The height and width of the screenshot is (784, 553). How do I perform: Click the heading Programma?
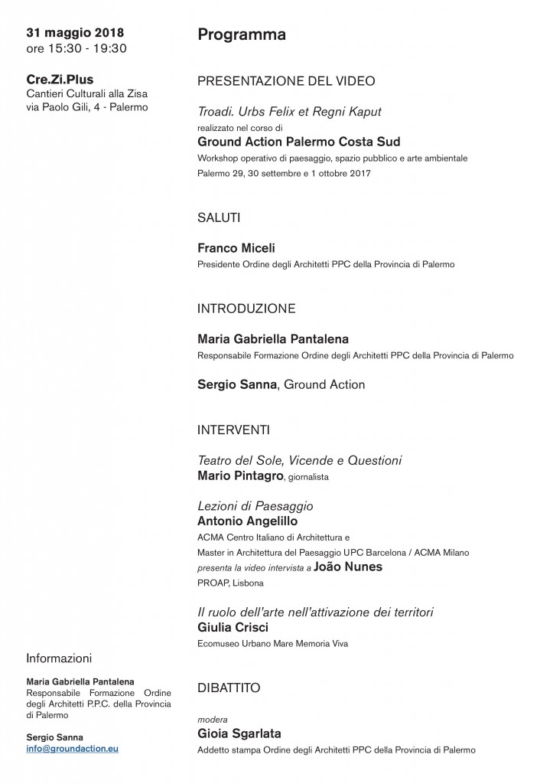(x=242, y=34)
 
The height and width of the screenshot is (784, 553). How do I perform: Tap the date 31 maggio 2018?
(x=75, y=33)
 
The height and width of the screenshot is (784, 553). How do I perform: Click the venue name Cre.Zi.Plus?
(x=60, y=79)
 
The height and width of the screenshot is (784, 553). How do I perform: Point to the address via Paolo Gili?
(x=87, y=107)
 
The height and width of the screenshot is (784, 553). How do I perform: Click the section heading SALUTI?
(x=219, y=217)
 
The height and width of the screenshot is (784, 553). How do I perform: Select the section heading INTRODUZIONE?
(x=246, y=309)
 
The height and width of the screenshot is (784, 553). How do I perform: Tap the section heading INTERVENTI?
(x=233, y=430)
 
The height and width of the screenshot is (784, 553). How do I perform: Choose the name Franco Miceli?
(x=236, y=248)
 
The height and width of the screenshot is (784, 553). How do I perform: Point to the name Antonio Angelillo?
(x=248, y=521)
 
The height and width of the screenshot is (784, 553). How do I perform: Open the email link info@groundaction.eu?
(x=73, y=749)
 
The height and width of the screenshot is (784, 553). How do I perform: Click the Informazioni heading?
(x=59, y=658)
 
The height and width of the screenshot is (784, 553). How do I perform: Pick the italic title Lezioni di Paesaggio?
(x=255, y=506)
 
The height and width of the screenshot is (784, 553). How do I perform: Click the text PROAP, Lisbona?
(x=230, y=583)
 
